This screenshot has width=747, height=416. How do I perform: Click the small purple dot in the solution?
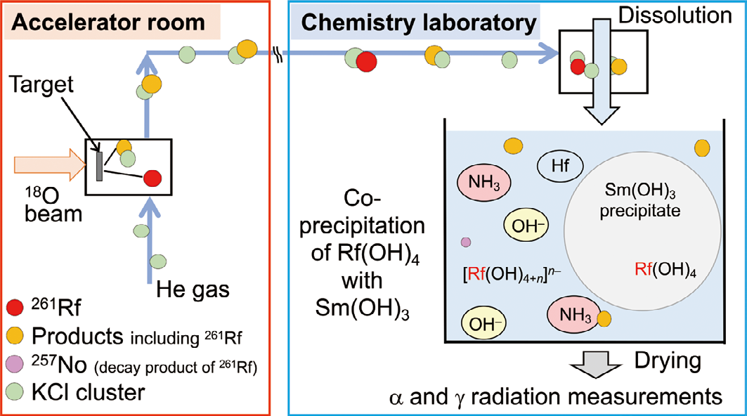[x=465, y=242]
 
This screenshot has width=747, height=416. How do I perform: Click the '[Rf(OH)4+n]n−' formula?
[x=505, y=271]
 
